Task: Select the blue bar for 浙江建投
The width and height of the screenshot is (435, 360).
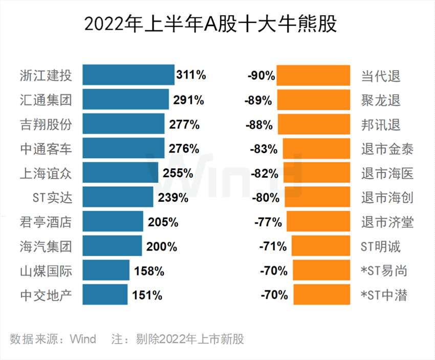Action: (128, 75)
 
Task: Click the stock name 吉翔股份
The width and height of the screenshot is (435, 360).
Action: (47, 124)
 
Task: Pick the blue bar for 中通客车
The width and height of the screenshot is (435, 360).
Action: (123, 149)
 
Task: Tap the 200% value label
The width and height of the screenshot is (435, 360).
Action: (162, 247)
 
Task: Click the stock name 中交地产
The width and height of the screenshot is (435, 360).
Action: (47, 295)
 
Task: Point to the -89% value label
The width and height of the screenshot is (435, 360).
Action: (258, 100)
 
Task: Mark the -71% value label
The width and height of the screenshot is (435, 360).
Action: (273, 247)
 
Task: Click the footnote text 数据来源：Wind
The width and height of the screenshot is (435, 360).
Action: (53, 339)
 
